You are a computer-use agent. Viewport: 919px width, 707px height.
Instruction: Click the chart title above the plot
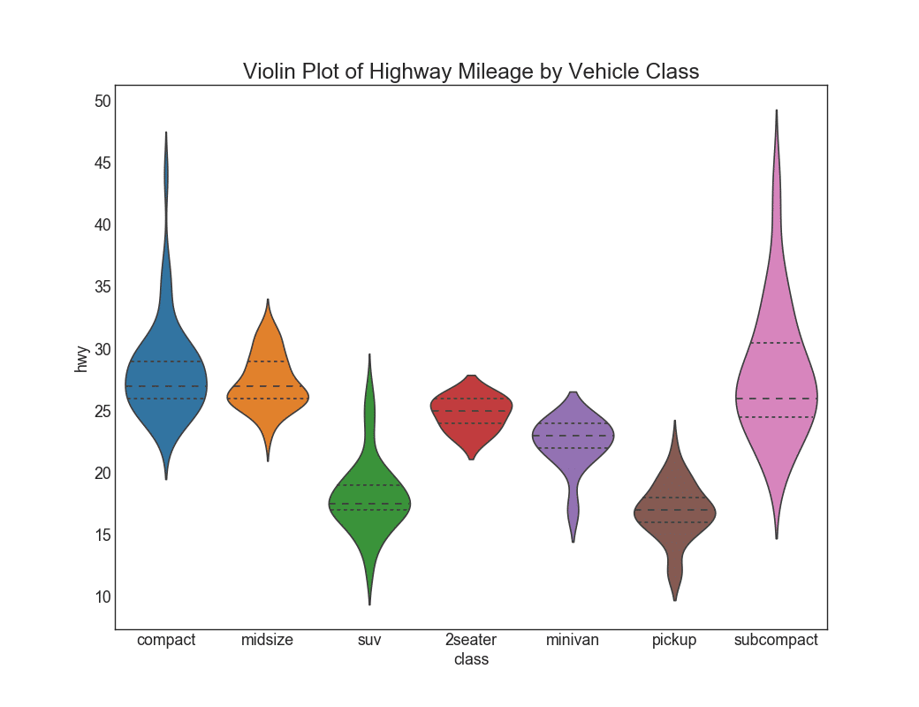pyautogui.click(x=471, y=72)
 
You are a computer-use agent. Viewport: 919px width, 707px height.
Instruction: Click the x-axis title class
pyautogui.click(x=471, y=659)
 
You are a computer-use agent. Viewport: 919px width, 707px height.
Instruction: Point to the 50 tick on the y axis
pyautogui.click(x=103, y=101)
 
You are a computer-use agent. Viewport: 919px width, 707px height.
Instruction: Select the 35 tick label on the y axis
pyautogui.click(x=103, y=286)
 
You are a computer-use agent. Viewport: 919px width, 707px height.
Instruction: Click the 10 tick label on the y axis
pyautogui.click(x=103, y=597)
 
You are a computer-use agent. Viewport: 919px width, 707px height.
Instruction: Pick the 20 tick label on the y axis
pyautogui.click(x=103, y=473)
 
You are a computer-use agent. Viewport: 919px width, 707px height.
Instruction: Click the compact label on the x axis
pyautogui.click(x=166, y=640)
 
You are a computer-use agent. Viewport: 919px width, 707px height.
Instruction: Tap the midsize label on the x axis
pyautogui.click(x=267, y=640)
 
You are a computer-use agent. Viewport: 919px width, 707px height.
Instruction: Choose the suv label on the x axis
pyautogui.click(x=369, y=640)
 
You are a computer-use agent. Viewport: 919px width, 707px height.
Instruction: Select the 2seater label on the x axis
pyautogui.click(x=471, y=640)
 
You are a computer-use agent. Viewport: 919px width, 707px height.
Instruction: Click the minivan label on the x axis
pyautogui.click(x=573, y=640)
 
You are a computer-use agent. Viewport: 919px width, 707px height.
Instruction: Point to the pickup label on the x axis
pyautogui.click(x=674, y=640)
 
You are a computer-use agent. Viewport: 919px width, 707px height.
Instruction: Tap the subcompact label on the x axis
pyautogui.click(x=776, y=640)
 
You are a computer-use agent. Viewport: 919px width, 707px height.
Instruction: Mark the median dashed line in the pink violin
pyautogui.click(x=776, y=399)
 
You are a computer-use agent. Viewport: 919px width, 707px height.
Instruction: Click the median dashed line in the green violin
pyautogui.click(x=369, y=504)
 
